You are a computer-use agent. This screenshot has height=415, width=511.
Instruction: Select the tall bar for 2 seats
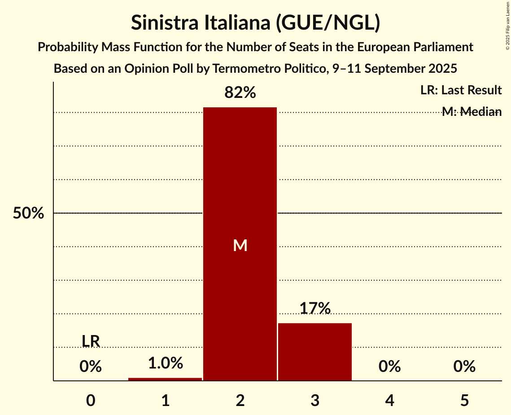(240, 180)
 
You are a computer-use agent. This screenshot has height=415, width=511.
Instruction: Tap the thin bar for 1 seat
(165, 379)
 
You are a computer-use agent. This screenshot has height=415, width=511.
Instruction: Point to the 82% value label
(240, 93)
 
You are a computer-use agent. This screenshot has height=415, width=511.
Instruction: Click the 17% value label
(315, 308)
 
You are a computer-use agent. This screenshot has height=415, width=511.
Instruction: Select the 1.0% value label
(165, 363)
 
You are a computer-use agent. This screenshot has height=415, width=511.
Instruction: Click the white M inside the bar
(240, 245)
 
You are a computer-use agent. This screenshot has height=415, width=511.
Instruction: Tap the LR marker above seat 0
(91, 341)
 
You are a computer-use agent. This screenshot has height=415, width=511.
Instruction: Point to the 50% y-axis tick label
(28, 213)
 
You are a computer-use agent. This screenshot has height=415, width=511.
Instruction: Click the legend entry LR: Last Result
(461, 90)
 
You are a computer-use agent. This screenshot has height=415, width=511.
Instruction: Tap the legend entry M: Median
(472, 112)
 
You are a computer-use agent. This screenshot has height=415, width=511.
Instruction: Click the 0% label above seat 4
(389, 367)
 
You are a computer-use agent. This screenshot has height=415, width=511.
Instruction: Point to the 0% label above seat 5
(464, 367)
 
